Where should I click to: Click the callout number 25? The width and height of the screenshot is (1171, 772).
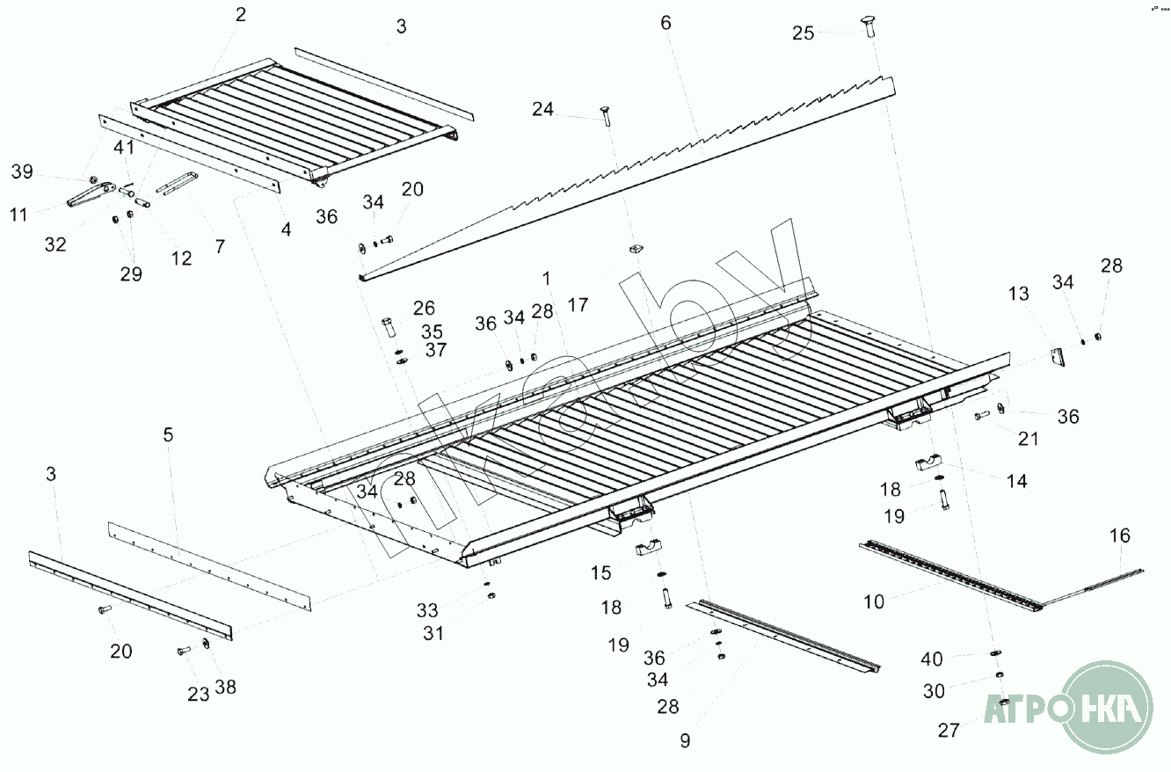(804, 33)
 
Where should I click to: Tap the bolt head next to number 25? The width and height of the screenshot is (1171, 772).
(865, 27)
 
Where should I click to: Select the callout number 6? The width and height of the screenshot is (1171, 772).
(666, 23)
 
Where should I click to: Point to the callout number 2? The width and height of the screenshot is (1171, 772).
(241, 14)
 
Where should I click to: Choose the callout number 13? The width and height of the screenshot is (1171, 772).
(1018, 294)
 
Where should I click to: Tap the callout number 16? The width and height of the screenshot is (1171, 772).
(1120, 535)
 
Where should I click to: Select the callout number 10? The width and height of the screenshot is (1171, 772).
(874, 601)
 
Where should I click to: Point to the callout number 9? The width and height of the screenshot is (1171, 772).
(685, 740)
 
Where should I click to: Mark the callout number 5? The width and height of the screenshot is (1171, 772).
(169, 434)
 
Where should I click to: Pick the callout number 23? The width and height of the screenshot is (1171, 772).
(199, 694)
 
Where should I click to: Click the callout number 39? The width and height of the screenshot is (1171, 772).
(22, 171)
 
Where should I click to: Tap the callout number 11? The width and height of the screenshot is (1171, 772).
(19, 214)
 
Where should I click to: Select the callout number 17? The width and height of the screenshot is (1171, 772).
(578, 305)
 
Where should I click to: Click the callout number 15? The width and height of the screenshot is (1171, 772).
(600, 573)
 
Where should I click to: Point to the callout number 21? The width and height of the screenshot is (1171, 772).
(1029, 438)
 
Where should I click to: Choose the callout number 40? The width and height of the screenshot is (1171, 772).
(932, 659)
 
